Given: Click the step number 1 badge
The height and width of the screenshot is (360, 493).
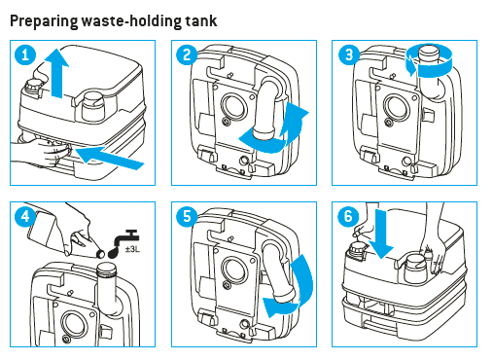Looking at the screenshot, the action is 25,54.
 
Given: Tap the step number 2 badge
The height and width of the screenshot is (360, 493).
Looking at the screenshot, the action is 187,54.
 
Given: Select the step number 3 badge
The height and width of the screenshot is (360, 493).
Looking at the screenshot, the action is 349,54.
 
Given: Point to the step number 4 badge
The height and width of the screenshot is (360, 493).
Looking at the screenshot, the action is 25,216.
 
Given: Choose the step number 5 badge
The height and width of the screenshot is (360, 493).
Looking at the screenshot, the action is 187,216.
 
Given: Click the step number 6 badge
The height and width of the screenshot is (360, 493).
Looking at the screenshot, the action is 348,216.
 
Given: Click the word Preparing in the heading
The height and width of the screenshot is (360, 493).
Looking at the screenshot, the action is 44,21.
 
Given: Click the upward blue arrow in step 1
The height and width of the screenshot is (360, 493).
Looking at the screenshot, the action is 56,73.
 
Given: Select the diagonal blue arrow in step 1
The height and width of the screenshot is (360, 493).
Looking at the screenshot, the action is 110,158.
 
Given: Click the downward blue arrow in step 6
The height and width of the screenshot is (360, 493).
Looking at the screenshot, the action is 382,234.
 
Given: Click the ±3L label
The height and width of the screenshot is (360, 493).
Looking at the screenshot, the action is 132,250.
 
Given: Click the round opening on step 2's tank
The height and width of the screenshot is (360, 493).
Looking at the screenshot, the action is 233,105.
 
